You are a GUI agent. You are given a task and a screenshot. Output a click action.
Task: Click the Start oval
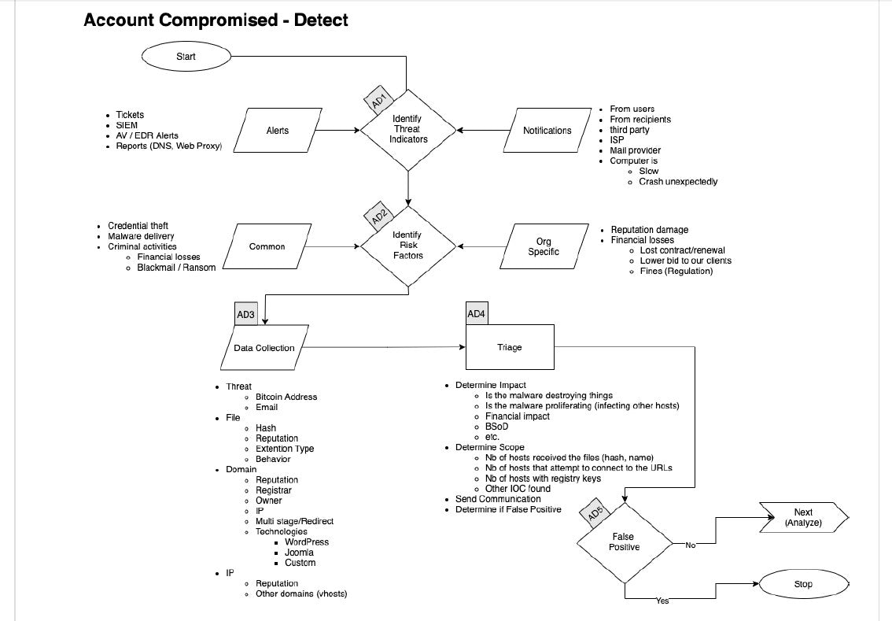pos(186,56)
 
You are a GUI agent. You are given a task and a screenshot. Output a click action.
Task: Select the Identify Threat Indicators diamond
pos(407,130)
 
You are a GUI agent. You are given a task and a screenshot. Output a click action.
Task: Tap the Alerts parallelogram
pos(278,130)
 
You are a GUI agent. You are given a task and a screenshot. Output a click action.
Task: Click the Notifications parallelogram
pos(547,130)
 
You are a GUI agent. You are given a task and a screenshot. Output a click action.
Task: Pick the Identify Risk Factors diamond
pos(407,246)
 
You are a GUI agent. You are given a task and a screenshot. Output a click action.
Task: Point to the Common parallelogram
pos(267,246)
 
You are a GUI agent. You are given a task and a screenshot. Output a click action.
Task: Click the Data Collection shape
pos(264,347)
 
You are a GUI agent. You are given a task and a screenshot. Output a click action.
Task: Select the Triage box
pos(510,346)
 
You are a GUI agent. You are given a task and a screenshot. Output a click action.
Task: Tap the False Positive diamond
pos(625,542)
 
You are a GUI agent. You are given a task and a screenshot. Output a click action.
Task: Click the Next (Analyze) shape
pos(803,517)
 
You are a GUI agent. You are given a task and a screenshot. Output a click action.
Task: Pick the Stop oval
pos(803,584)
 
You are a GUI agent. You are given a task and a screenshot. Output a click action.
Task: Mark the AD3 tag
pos(245,314)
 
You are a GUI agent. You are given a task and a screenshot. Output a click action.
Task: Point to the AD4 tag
pos(477,313)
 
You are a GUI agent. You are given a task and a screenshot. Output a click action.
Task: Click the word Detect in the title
pos(321,20)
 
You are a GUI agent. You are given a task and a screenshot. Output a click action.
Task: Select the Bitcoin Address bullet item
pos(286,397)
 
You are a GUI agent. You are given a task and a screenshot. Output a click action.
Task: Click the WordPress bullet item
pos(307,542)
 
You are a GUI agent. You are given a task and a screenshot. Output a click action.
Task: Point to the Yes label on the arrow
pos(662,601)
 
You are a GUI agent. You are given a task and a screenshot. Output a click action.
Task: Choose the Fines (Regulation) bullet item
pos(676,271)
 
